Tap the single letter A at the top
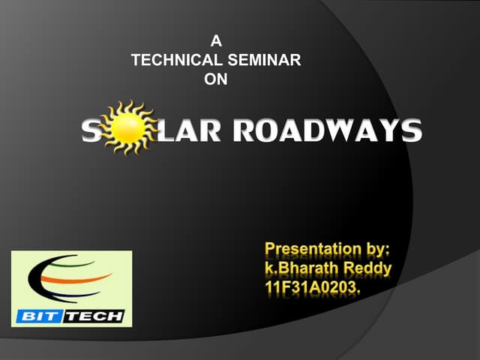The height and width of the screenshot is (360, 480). coord(216,42)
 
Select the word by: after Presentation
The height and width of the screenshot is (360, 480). coord(382,249)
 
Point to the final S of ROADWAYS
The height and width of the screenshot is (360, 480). coord(410,131)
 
